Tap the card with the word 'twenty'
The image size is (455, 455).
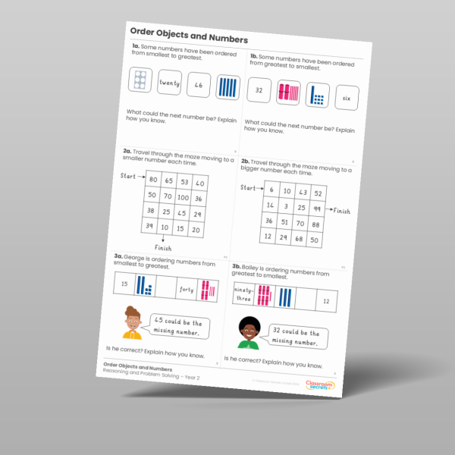[x=170, y=84]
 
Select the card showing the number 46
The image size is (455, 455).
[x=199, y=86]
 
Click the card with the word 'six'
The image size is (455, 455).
[x=346, y=98]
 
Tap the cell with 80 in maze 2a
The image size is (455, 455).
[x=153, y=180]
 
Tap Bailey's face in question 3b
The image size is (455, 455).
[x=248, y=328]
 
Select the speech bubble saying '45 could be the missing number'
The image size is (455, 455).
[x=177, y=325]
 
